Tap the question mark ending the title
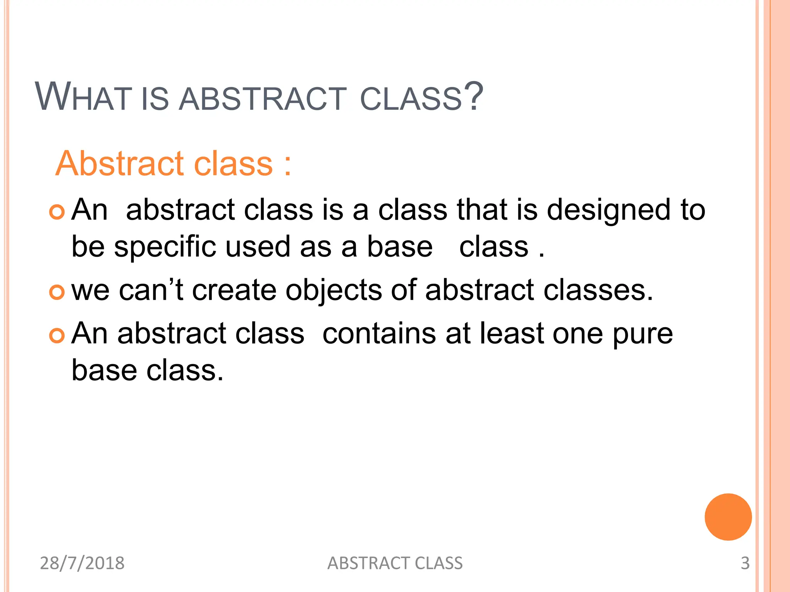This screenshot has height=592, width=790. tap(473, 96)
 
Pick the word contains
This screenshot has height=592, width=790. tap(379, 333)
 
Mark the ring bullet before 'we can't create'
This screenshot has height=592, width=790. tap(57, 292)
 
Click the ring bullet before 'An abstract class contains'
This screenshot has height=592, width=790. tap(57, 335)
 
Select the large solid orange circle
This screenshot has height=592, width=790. tap(728, 517)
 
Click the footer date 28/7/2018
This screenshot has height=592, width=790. tap(82, 563)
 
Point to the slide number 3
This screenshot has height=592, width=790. tap(745, 563)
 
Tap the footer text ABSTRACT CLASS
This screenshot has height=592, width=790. tap(395, 563)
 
